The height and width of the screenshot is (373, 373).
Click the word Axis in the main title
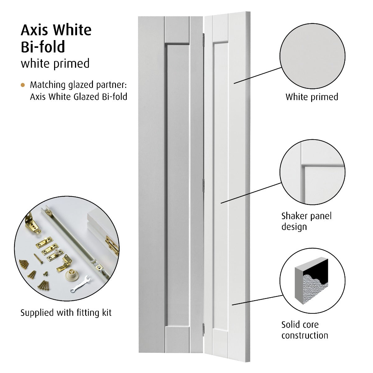point(34,30)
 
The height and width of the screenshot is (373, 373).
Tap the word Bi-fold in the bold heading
point(43,47)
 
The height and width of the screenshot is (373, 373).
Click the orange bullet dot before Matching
point(23,85)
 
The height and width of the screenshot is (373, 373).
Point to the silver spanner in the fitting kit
point(80,284)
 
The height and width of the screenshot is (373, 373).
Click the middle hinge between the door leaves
point(203,186)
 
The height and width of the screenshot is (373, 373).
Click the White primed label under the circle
point(312,97)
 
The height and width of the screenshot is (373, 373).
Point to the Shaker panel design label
point(306,221)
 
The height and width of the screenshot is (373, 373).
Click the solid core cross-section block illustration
point(311,280)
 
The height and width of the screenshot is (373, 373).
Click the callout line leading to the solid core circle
point(257,300)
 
